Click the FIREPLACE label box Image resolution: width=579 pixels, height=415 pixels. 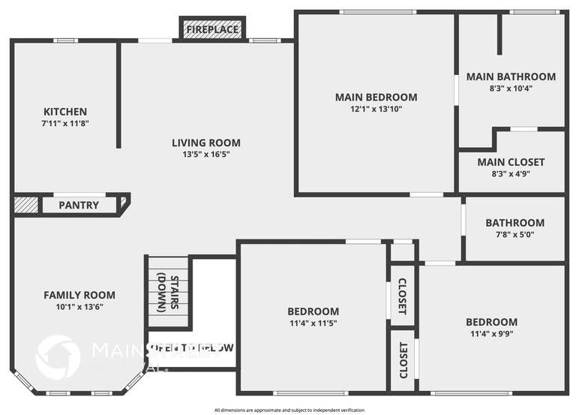click(x=212, y=29)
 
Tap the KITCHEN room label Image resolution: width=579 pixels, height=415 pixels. click(x=64, y=112)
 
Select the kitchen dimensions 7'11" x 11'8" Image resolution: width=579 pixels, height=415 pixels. click(x=65, y=123)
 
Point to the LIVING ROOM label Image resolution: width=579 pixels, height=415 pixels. click(x=206, y=143)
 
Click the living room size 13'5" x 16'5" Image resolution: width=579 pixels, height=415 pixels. click(x=206, y=154)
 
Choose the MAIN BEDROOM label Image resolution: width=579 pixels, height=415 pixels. click(x=376, y=97)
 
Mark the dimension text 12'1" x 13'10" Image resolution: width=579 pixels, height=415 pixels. click(x=376, y=108)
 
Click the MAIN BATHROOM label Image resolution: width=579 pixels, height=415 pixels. click(x=511, y=77)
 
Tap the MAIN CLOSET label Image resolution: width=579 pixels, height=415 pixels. click(x=511, y=162)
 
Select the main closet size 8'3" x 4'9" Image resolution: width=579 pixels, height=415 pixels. click(x=511, y=173)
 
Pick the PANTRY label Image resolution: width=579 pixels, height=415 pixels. click(x=79, y=205)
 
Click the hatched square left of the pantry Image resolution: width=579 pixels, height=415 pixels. click(x=26, y=205)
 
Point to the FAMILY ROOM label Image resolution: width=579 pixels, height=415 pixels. click(x=79, y=295)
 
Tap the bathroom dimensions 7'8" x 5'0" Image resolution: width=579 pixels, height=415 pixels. click(x=514, y=234)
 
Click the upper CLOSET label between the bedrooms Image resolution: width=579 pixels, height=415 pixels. click(x=402, y=296)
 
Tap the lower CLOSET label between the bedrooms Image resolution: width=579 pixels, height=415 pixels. click(x=403, y=360)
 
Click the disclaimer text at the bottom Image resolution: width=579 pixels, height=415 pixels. click(x=289, y=410)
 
